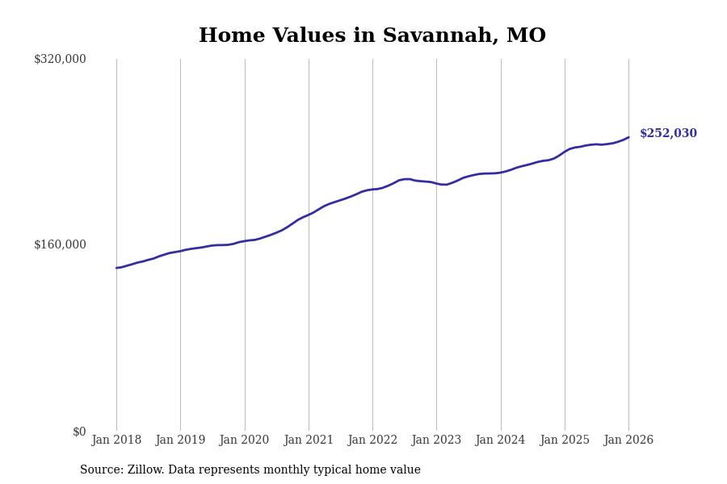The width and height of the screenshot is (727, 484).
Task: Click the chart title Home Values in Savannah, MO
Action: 372,36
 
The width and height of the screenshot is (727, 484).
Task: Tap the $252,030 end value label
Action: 668,134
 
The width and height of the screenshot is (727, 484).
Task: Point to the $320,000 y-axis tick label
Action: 60,59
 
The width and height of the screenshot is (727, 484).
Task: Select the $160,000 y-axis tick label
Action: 60,244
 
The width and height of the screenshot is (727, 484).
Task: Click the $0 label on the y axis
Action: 79,432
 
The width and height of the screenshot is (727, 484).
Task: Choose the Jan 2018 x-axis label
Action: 116,440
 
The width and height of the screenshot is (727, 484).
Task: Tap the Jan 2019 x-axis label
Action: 180,440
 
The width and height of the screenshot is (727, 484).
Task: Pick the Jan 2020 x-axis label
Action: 244,440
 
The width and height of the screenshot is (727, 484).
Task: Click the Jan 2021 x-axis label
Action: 309,440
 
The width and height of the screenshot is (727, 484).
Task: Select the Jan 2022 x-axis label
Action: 372,440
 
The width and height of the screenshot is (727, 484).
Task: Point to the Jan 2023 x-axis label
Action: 436,440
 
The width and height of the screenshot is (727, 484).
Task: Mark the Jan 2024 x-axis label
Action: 500,440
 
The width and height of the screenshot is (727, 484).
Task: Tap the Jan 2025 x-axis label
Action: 565,440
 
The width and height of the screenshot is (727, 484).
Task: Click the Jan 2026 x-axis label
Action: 628,440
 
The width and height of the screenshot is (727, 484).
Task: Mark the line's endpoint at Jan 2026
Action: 628,137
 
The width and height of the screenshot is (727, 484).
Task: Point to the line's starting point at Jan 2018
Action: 116,268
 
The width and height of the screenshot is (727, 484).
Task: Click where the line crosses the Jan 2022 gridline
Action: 372,190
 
